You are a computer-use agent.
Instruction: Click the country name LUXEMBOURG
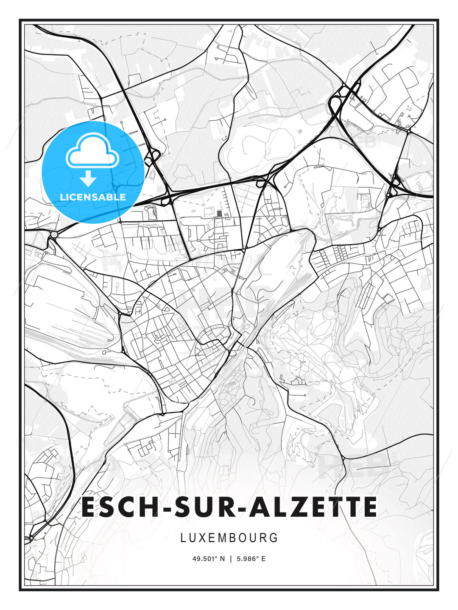click(229, 538)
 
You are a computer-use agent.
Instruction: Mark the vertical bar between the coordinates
click(231, 559)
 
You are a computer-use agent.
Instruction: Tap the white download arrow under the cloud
click(88, 179)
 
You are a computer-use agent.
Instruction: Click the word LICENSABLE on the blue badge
click(93, 197)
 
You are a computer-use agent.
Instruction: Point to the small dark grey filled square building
click(219, 213)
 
